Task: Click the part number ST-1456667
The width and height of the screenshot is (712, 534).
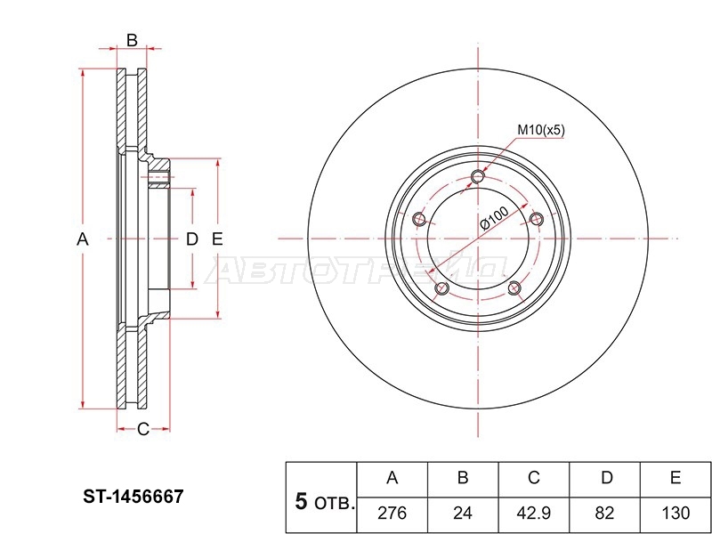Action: [x=133, y=497]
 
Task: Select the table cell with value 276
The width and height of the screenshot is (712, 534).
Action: [x=392, y=514]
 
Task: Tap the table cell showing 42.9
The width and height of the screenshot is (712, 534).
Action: [x=533, y=514]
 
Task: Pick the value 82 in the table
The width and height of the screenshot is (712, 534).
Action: [x=604, y=514]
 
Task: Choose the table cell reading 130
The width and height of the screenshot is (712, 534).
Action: [x=676, y=514]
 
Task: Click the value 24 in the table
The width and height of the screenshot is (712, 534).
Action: [x=463, y=514]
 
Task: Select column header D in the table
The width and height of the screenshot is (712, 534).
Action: [x=607, y=478]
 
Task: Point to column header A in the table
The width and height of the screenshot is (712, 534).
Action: [x=392, y=478]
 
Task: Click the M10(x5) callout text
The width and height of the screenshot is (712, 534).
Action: [x=541, y=131]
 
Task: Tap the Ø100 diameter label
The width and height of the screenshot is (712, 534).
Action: [x=494, y=217]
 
